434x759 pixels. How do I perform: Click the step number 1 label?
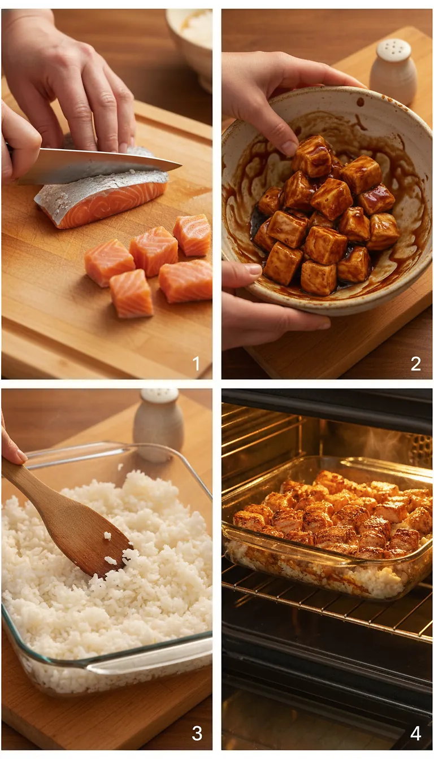(196, 364)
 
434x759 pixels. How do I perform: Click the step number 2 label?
(416, 364)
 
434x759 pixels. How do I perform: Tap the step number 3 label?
(197, 733)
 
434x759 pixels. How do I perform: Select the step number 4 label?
(416, 733)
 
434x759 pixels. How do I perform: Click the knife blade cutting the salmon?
(96, 166)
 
